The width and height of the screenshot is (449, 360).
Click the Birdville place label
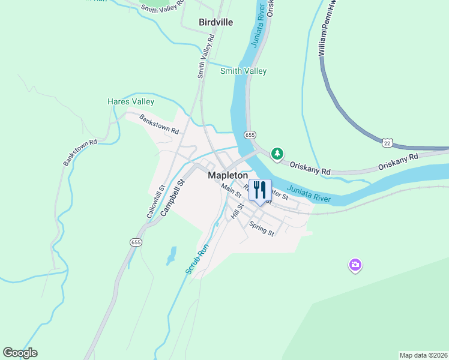215,22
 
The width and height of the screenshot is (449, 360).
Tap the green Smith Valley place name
243,71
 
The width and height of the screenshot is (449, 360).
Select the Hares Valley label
131,102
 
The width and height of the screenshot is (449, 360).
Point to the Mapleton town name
228,175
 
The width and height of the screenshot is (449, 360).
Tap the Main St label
231,190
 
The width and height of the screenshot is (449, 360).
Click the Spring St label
262,229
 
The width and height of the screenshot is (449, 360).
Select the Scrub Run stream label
196,259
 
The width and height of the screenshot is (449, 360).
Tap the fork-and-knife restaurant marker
260,190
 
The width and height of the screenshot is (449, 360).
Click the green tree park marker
277,154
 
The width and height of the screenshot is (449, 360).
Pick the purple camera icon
355,265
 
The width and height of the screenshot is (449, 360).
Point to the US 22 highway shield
387,142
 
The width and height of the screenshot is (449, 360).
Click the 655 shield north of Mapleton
250,135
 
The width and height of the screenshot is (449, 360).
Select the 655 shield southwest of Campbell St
135,242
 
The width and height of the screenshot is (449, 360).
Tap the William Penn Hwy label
327,29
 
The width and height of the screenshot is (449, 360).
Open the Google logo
20,353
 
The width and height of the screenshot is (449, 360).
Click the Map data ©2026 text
423,355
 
